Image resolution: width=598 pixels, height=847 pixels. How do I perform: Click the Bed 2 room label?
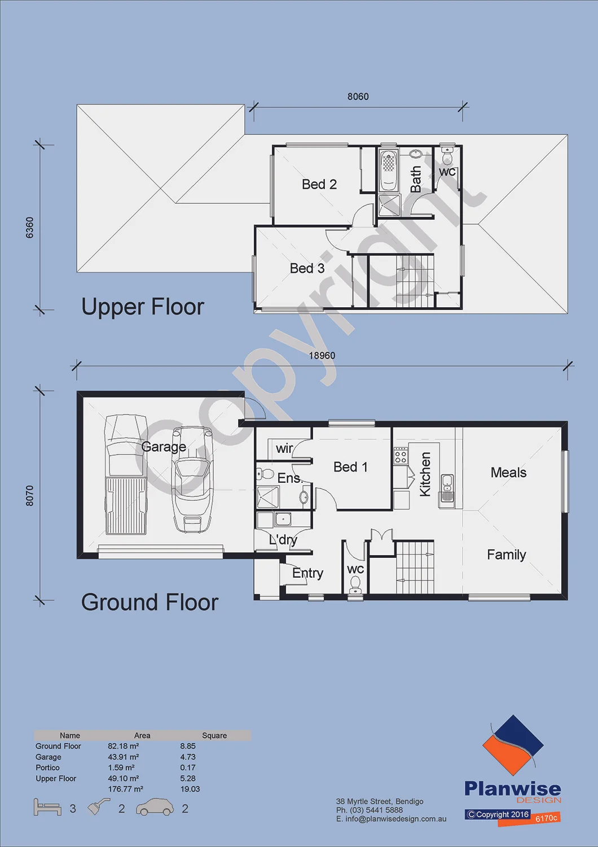[319, 185]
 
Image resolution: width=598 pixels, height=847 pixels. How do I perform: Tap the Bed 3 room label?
[307, 268]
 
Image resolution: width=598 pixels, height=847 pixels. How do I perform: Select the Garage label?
[164, 447]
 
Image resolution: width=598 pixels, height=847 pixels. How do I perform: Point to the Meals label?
[508, 472]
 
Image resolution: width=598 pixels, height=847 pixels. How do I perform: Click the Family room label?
[507, 555]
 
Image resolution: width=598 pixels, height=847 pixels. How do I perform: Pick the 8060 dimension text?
[358, 97]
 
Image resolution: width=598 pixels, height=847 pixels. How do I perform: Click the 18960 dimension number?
[322, 356]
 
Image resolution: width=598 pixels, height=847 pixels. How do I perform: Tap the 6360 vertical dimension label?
[29, 228]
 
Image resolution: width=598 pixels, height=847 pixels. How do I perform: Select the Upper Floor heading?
[143, 307]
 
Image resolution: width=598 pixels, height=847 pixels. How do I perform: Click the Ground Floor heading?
[150, 602]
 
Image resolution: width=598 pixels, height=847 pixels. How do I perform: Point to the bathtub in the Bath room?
[388, 171]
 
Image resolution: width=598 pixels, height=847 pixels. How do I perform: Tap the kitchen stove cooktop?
[401, 456]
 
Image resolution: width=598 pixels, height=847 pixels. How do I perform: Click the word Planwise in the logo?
[513, 789]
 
